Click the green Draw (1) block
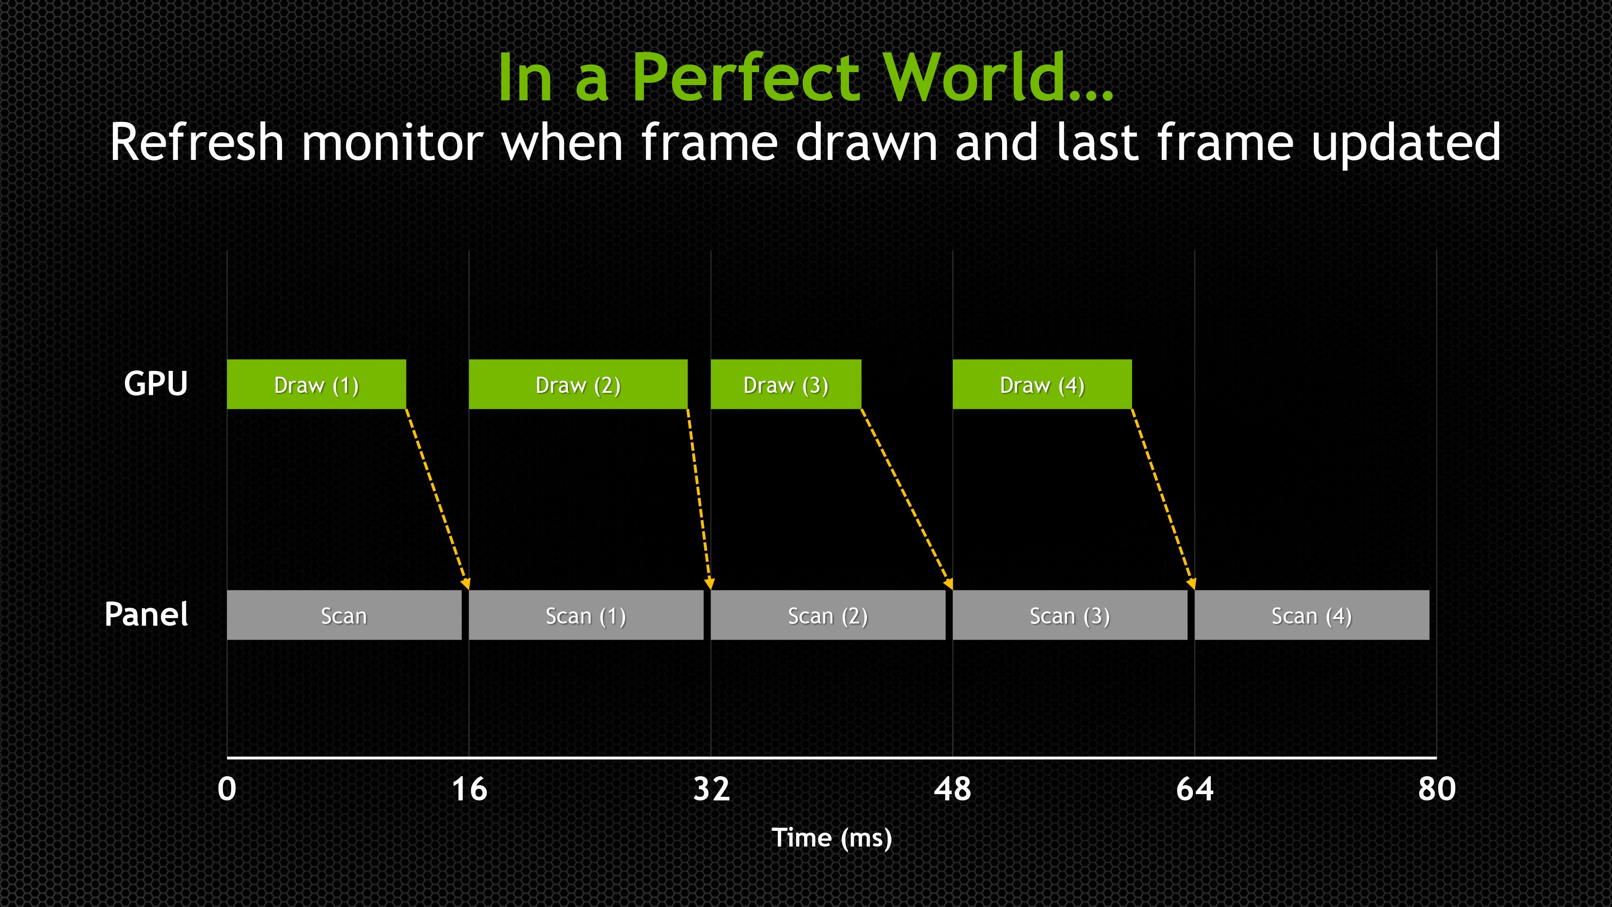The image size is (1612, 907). pyautogui.click(x=317, y=384)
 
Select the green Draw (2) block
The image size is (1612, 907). pyautogui.click(x=578, y=384)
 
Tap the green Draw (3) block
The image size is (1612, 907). pyautogui.click(x=786, y=384)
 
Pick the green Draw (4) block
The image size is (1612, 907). pyautogui.click(x=1042, y=384)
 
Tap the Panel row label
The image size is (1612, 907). pyautogui.click(x=146, y=614)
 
